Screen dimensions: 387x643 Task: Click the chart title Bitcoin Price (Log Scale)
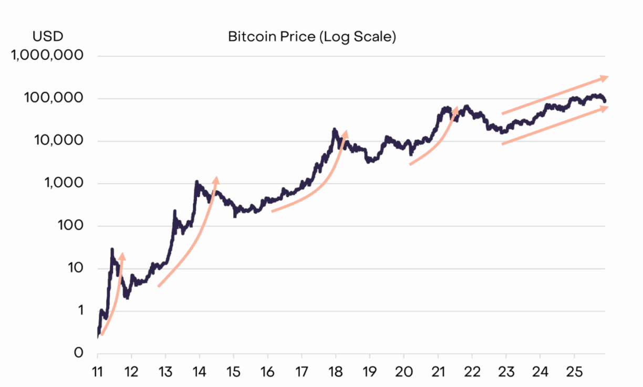pyautogui.click(x=312, y=37)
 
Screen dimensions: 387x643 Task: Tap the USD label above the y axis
pyautogui.click(x=48, y=36)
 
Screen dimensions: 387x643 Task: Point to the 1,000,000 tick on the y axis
pyautogui.click(x=47, y=55)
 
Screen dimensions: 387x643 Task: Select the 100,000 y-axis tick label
pyautogui.click(x=54, y=98)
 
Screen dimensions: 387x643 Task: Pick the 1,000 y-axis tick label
pyautogui.click(x=64, y=183)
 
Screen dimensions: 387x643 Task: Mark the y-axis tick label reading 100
pyautogui.click(x=71, y=226)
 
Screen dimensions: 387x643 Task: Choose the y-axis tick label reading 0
pyautogui.click(x=78, y=353)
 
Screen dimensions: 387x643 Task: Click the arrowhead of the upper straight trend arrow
pyautogui.click(x=605, y=78)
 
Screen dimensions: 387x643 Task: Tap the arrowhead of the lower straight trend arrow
pyautogui.click(x=605, y=107)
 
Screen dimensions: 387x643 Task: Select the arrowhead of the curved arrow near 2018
pyautogui.click(x=345, y=133)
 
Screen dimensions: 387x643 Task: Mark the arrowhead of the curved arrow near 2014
pyautogui.click(x=215, y=180)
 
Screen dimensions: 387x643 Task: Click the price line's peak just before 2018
pyautogui.click(x=334, y=129)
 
